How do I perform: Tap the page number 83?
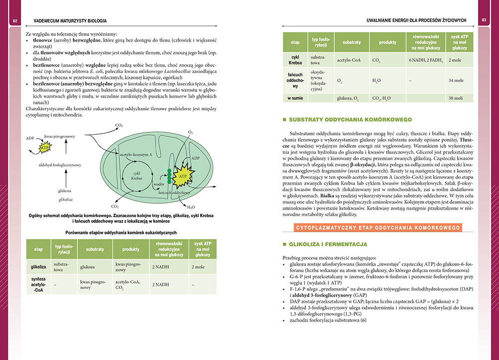484,20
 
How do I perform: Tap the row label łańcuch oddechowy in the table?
295,80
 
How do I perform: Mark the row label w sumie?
295,98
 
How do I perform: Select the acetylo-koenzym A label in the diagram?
136,155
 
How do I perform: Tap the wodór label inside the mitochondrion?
159,184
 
